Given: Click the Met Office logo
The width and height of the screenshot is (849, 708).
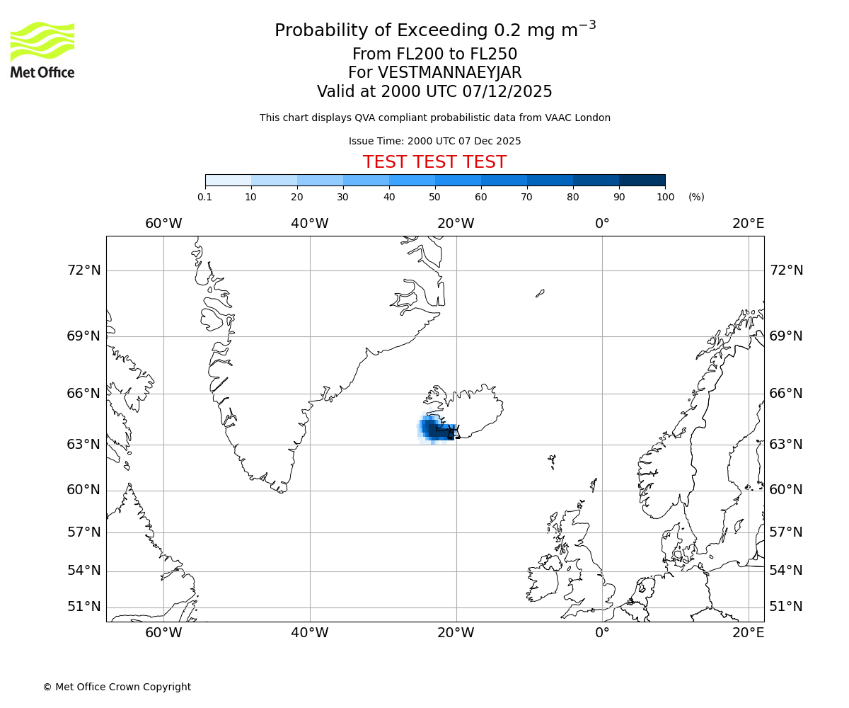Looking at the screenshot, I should pos(42,50).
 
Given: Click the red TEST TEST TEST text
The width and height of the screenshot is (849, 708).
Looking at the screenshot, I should pos(434,162).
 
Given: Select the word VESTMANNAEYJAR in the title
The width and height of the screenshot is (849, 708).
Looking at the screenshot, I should pos(449,73).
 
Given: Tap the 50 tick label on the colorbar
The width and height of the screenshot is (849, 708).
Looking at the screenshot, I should pos(434,197).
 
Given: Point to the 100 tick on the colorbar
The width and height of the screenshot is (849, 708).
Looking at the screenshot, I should pos(665,197).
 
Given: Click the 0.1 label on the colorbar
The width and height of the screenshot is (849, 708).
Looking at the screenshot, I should pos(205,197).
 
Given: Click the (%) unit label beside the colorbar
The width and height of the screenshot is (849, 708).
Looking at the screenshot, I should pos(696,197).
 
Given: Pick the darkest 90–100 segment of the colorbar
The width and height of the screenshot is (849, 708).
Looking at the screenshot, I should pos(642,180).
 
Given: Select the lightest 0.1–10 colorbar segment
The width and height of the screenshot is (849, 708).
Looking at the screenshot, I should pos(228,180).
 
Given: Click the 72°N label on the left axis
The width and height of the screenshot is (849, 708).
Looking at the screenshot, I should pos(83,270).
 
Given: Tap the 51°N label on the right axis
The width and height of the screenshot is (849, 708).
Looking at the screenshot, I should pos(786,607).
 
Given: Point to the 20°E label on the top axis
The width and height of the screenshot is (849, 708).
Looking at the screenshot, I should pos(748,224).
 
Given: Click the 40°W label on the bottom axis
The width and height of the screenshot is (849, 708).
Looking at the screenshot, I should pos(310,633).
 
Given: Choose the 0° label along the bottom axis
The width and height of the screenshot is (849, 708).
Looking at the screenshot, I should pos(602,633).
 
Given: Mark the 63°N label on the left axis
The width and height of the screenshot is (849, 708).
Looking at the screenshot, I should pos(83,445).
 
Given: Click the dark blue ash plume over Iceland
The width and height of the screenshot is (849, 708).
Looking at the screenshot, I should pos(435,430).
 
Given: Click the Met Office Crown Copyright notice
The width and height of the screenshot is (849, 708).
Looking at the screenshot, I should pos(117,687).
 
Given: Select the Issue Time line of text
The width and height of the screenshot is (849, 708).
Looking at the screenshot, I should pos(434,141).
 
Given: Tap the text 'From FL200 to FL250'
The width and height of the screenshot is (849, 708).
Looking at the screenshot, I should pos(434,55).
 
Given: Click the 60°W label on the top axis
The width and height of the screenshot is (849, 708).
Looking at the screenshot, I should pos(163,224).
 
